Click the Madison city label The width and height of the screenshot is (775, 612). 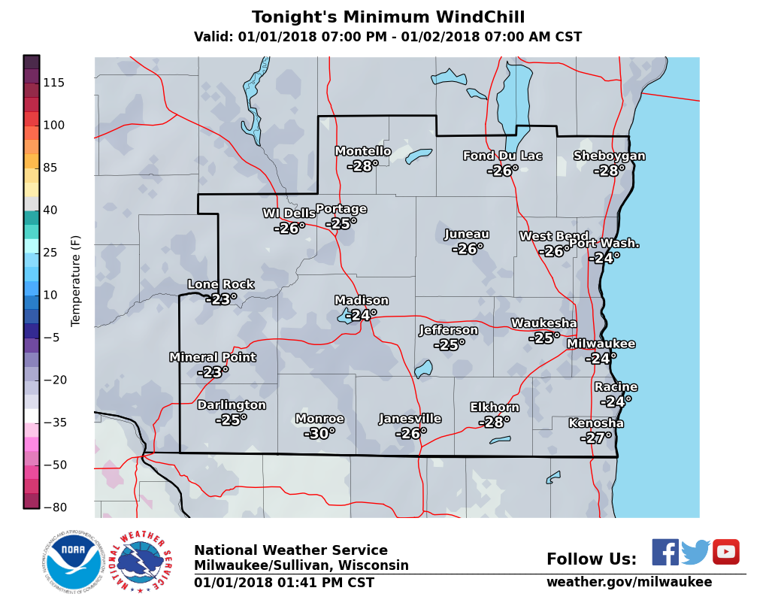(x=362, y=301)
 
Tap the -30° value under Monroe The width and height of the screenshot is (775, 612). (x=319, y=434)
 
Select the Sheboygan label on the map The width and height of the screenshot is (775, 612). (x=609, y=156)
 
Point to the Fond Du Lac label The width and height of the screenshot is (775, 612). (x=502, y=156)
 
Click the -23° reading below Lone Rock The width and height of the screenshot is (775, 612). (x=221, y=299)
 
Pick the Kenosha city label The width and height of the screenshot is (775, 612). (x=596, y=423)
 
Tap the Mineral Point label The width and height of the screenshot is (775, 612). (x=213, y=358)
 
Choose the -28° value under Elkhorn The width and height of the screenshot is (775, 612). (x=494, y=423)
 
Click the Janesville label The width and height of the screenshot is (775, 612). (x=410, y=419)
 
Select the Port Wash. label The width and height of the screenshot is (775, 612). (x=604, y=243)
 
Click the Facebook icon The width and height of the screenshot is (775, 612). (x=665, y=552)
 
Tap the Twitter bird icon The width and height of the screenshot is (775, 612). (x=695, y=553)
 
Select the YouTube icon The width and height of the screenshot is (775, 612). (x=726, y=552)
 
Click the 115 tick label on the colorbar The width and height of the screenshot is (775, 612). (x=53, y=83)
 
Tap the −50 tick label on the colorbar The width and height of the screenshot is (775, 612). (x=53, y=465)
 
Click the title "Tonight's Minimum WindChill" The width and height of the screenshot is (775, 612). (x=388, y=17)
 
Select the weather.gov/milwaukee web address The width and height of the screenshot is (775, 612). (x=628, y=582)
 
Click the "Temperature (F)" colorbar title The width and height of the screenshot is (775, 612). (x=75, y=280)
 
